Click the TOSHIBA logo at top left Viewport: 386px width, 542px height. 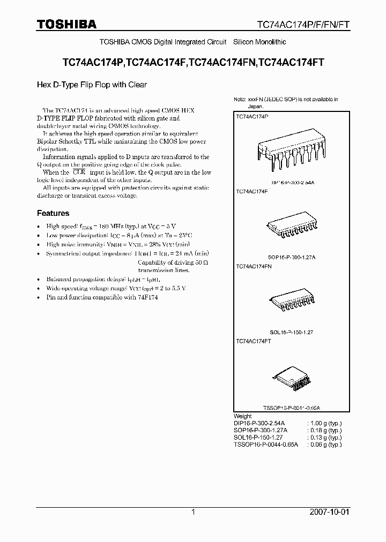[66, 24]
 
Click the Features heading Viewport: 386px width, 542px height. [53, 213]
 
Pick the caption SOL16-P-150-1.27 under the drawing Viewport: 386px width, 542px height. [292, 332]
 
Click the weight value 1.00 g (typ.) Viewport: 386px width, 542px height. [324, 423]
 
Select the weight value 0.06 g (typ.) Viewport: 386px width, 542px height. [324, 445]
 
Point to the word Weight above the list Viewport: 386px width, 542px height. [243, 416]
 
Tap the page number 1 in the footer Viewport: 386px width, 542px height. [193, 512]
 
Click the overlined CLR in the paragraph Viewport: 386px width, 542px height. [79, 172]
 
